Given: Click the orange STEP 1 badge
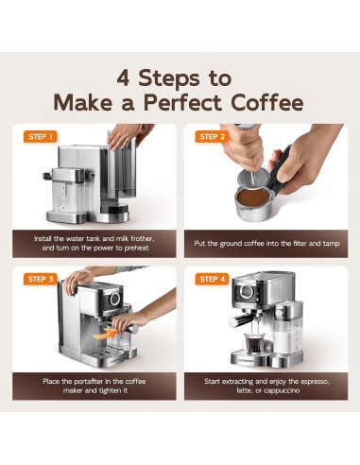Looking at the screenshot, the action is (x=41, y=137).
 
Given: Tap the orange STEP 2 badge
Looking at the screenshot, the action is (x=212, y=137).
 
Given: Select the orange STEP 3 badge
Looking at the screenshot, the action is (x=41, y=279).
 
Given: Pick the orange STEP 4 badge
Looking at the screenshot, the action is (x=212, y=279).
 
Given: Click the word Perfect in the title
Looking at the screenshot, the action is (x=182, y=103).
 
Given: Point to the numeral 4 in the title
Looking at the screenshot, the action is (x=123, y=78).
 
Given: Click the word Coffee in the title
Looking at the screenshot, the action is (x=267, y=103).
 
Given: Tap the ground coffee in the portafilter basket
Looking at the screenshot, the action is (x=253, y=198).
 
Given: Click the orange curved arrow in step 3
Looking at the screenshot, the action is (x=103, y=334).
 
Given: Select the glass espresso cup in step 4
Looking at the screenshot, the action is (x=254, y=343).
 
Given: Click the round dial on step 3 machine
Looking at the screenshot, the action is (x=114, y=299).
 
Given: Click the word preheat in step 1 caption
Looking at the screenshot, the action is (x=136, y=248).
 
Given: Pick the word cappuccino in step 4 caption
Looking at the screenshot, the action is (x=282, y=390).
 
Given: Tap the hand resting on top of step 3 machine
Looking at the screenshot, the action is (x=77, y=281).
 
